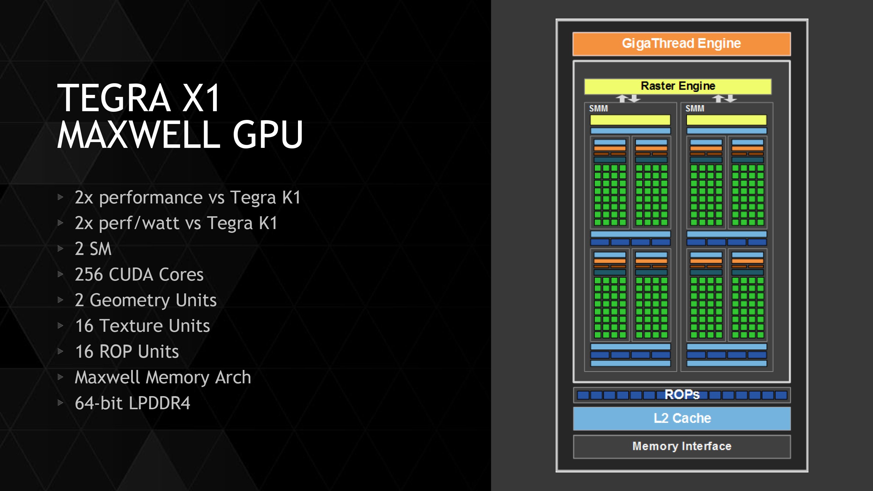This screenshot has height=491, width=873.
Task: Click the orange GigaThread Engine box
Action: click(x=681, y=44)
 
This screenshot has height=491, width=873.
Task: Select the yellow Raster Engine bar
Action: click(x=678, y=86)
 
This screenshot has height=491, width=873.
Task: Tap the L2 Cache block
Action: click(x=682, y=418)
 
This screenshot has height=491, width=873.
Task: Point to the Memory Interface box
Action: click(x=682, y=446)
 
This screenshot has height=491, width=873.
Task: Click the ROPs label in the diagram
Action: click(x=682, y=395)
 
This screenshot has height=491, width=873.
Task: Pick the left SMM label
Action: click(x=599, y=109)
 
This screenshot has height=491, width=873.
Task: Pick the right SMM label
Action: click(x=695, y=109)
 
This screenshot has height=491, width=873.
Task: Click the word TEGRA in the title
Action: click(x=114, y=98)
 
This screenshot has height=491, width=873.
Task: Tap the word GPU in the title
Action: click(x=268, y=134)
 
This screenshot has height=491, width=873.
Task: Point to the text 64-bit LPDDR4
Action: click(x=132, y=403)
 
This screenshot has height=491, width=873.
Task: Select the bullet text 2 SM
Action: click(x=93, y=249)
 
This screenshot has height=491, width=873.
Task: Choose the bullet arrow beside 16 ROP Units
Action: click(x=61, y=351)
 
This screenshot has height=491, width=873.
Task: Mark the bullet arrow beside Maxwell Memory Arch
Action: click(x=61, y=377)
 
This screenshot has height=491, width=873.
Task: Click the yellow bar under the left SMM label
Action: click(x=630, y=120)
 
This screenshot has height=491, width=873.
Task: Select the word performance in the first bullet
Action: click(x=162, y=198)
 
